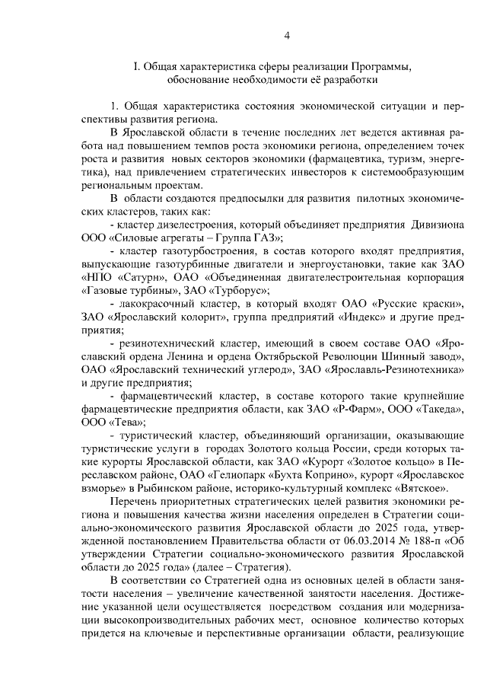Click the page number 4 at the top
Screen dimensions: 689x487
tap(287, 36)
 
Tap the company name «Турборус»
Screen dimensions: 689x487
tap(243, 292)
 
